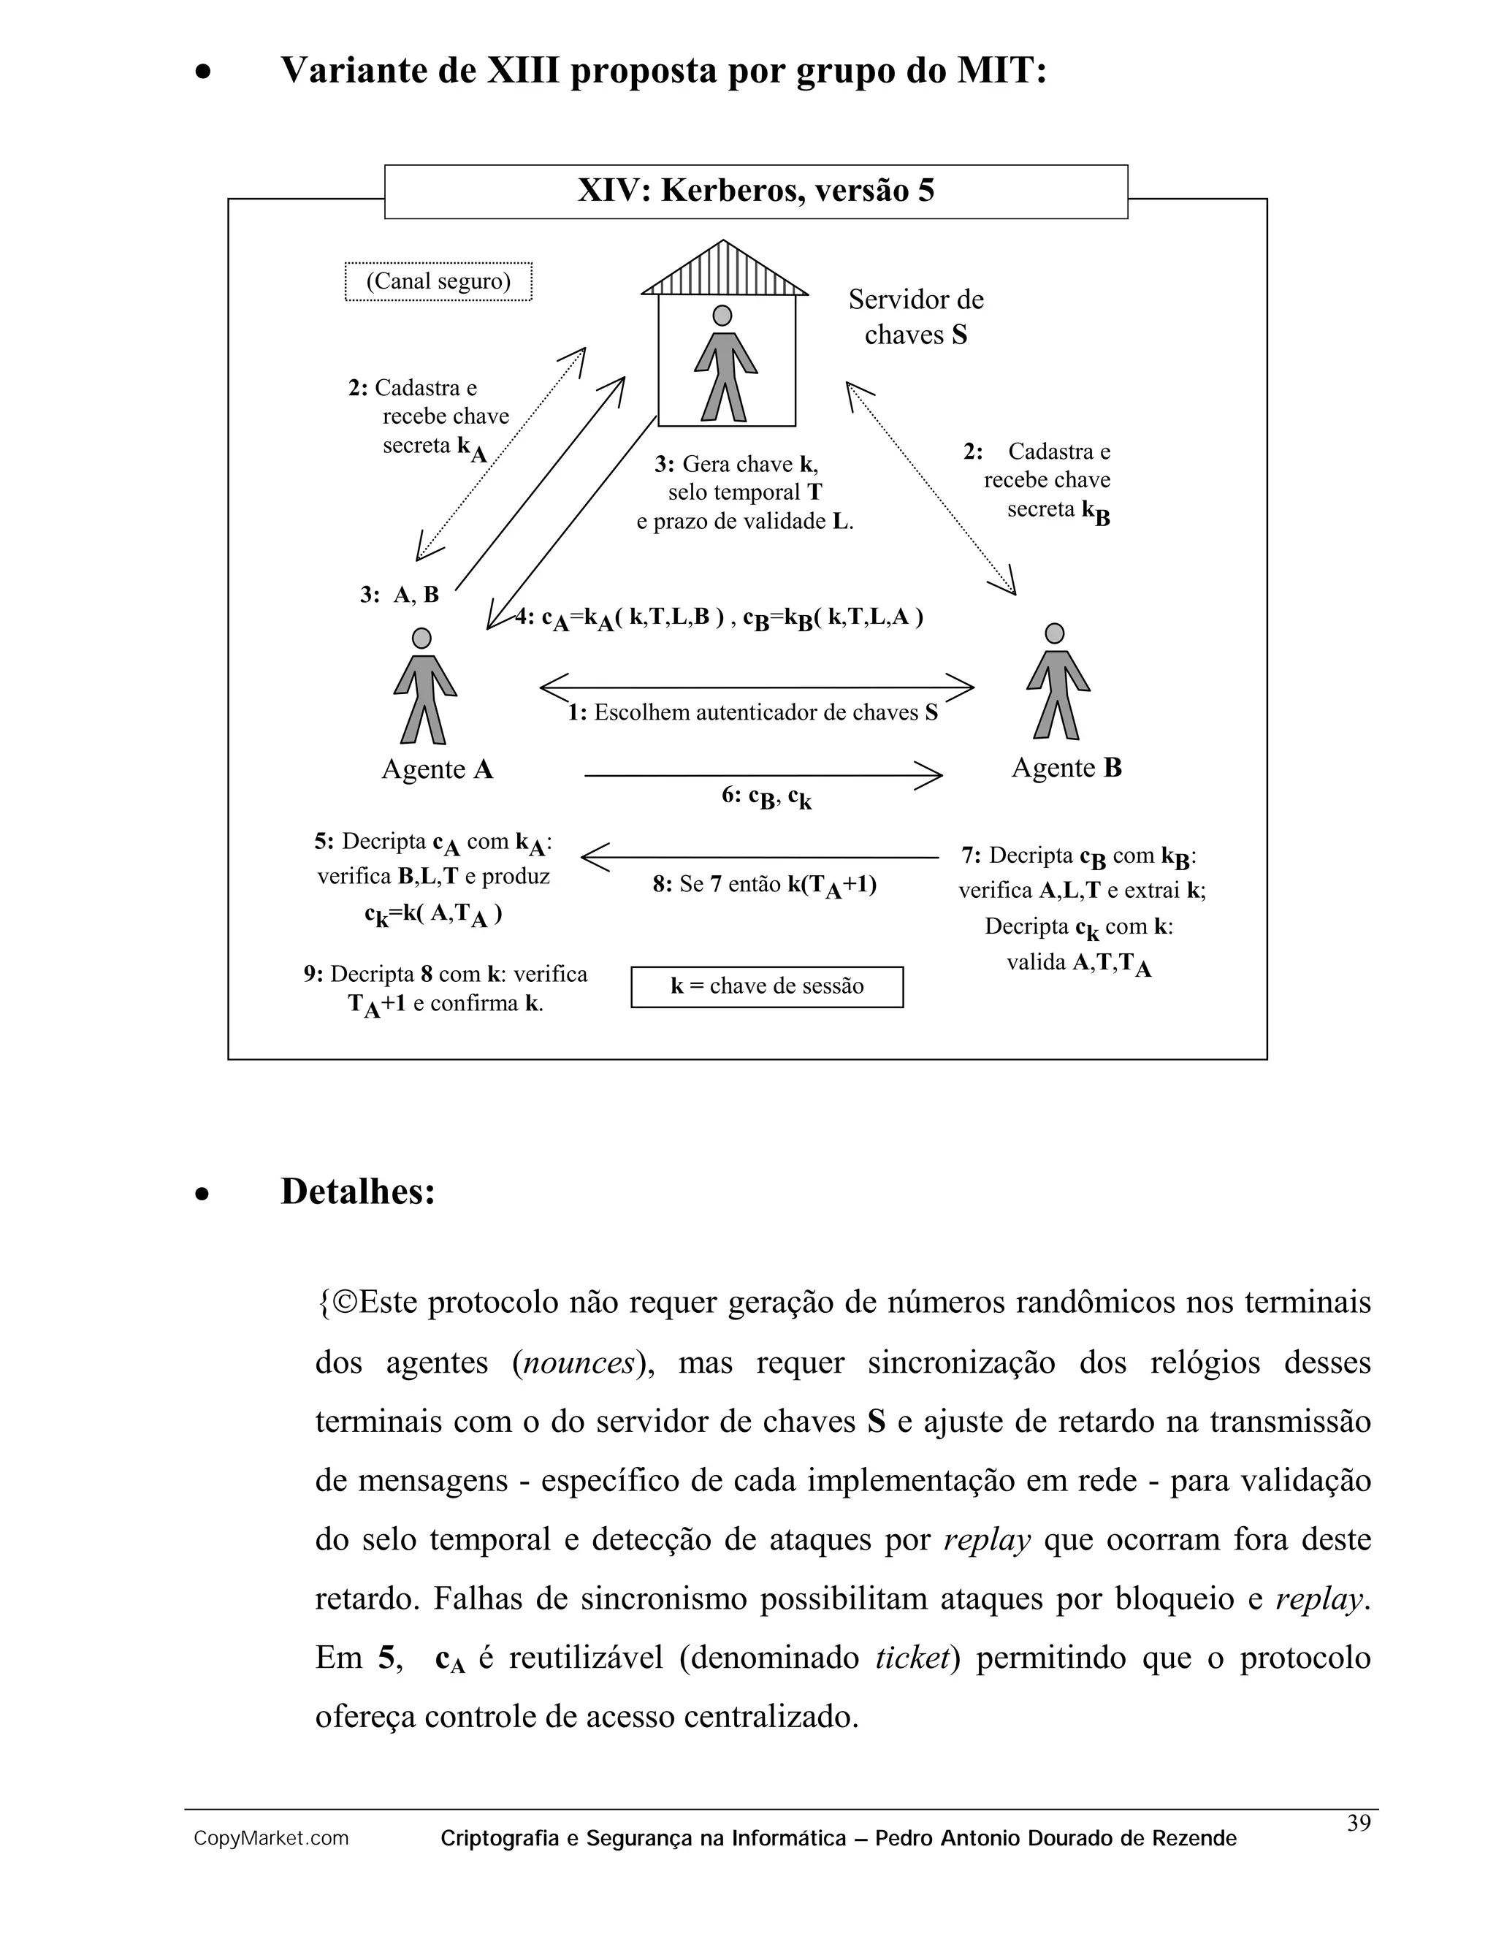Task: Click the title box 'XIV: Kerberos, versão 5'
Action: [755, 191]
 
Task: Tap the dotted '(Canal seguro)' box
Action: [438, 282]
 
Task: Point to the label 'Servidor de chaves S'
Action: [915, 316]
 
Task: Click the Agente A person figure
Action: [424, 686]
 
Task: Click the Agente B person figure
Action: [1056, 682]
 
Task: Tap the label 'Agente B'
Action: [1066, 768]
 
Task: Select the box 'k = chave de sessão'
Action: [766, 986]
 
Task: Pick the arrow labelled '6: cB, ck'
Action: [762, 776]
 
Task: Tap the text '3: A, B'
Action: [400, 595]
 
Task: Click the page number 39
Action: [1358, 1823]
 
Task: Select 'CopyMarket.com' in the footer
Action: [271, 1839]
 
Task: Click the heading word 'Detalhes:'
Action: [358, 1192]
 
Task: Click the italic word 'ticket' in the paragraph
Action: [911, 1657]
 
